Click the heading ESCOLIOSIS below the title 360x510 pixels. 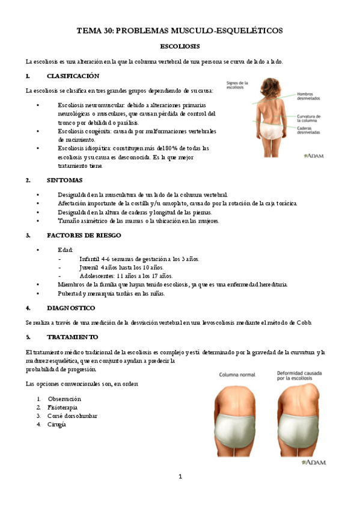coord(180,46)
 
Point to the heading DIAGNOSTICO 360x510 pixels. coord(71,308)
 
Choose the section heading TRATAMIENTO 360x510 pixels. coord(72,337)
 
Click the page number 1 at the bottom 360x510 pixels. coord(180,477)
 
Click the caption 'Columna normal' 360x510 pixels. coord(238,373)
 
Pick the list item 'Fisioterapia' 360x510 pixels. coord(64,407)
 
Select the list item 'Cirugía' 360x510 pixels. coord(57,424)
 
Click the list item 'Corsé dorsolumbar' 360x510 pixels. coord(72,416)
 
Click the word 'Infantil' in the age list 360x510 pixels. coord(91,259)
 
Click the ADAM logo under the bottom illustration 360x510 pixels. coord(315,462)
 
